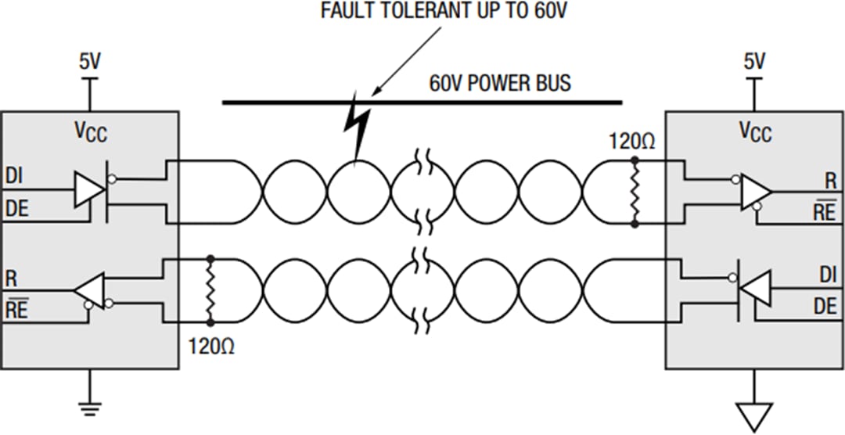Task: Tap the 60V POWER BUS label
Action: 500,83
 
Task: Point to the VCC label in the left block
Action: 90,131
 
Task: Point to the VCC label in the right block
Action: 755,131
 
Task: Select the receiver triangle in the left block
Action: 90,289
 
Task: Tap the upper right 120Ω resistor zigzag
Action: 635,192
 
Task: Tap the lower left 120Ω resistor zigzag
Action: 210,289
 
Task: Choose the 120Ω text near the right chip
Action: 631,142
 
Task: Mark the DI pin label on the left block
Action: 14,176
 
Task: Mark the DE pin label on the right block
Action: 825,306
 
